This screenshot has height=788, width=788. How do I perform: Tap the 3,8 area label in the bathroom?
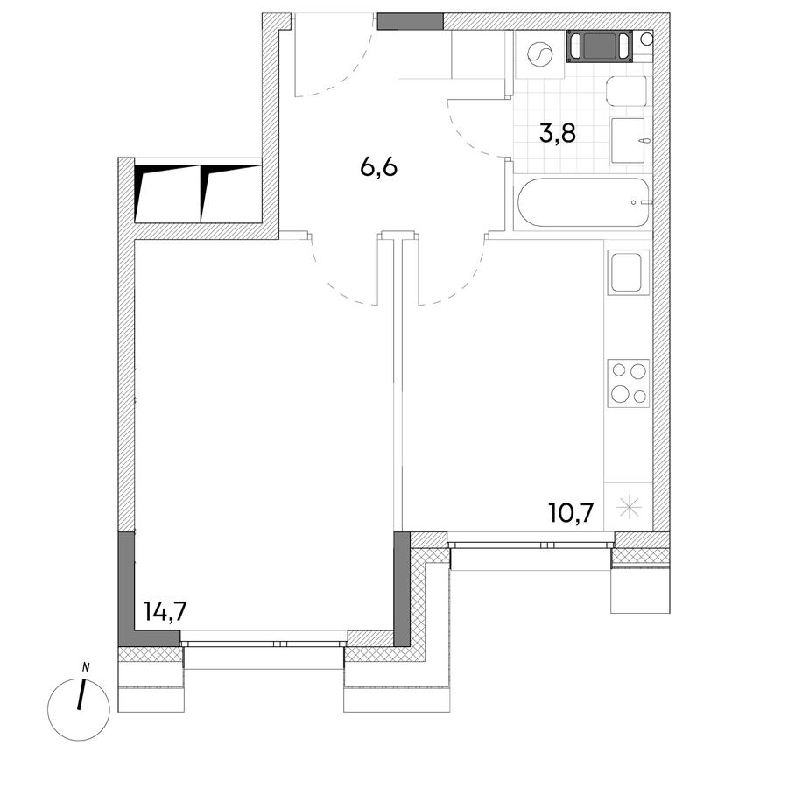(558, 134)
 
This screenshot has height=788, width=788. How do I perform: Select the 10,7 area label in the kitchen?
(572, 513)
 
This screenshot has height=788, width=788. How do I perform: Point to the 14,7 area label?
(165, 611)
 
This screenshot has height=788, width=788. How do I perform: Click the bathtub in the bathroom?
(583, 202)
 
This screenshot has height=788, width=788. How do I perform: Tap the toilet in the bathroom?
(627, 91)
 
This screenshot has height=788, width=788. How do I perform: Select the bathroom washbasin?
(628, 141)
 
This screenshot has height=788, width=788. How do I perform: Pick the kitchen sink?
(626, 272)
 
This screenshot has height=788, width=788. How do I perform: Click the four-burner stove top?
(628, 383)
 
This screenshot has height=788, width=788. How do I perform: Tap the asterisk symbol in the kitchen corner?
(629, 507)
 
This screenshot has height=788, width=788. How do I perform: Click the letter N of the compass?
(86, 668)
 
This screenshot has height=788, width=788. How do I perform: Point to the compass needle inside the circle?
(81, 695)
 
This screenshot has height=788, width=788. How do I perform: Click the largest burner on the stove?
(620, 392)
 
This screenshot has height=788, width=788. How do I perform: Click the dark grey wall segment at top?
(411, 21)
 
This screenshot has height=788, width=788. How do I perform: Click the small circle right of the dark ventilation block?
(647, 39)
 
